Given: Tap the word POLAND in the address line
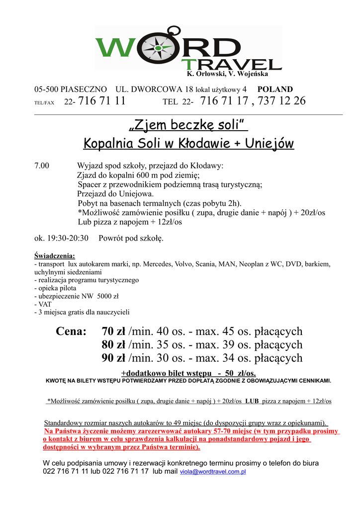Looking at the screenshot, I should click(x=275, y=89).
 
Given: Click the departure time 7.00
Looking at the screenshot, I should click(x=42, y=166).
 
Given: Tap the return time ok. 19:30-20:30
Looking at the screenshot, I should click(x=61, y=238).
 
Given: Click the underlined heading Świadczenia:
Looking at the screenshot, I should click(x=55, y=256).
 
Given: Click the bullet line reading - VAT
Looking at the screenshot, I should click(x=43, y=304).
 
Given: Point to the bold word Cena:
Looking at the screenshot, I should click(x=72, y=332).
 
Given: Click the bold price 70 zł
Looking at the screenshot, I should click(x=113, y=332).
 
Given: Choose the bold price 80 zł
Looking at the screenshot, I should click(x=113, y=345).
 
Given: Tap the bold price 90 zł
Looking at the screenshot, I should click(x=113, y=358).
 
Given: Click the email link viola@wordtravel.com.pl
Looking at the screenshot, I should click(x=213, y=471).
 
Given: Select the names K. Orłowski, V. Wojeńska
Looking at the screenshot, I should click(x=227, y=74).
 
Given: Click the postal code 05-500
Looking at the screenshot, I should click(x=46, y=89).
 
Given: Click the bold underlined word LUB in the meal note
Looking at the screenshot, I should click(x=252, y=401).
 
